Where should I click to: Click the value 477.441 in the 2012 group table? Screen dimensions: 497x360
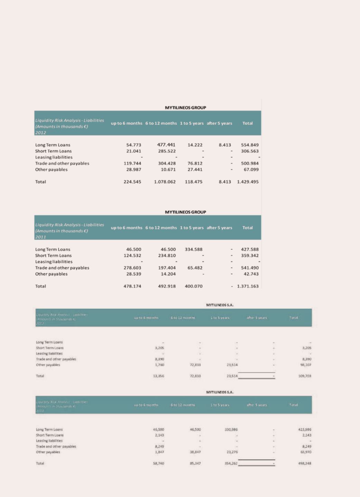click(166, 145)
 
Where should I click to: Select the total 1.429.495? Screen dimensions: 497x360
click(248, 182)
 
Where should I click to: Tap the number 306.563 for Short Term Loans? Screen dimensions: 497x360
click(250, 151)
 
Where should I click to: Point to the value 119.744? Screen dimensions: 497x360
click(132, 163)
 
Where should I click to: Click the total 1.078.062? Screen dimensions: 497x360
click(165, 182)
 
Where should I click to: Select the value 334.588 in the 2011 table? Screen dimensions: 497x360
click(194, 249)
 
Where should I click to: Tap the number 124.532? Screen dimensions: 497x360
click(132, 256)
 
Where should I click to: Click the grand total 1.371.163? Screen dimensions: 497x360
click(248, 286)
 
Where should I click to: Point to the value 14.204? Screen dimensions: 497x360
click(168, 274)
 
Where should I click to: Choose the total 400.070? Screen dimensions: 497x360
click(194, 286)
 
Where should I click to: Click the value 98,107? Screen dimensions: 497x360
click(306, 365)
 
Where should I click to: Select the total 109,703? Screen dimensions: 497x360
click(305, 376)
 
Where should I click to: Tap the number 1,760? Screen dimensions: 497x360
click(159, 365)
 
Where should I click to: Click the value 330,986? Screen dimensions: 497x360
click(231, 430)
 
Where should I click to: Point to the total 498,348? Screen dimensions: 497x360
click(305, 463)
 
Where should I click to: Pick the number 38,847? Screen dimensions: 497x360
click(195, 452)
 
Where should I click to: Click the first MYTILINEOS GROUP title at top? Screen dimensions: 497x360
click(185, 108)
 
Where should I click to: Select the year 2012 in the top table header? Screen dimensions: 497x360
click(40, 132)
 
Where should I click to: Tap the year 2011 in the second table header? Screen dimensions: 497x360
click(40, 237)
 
